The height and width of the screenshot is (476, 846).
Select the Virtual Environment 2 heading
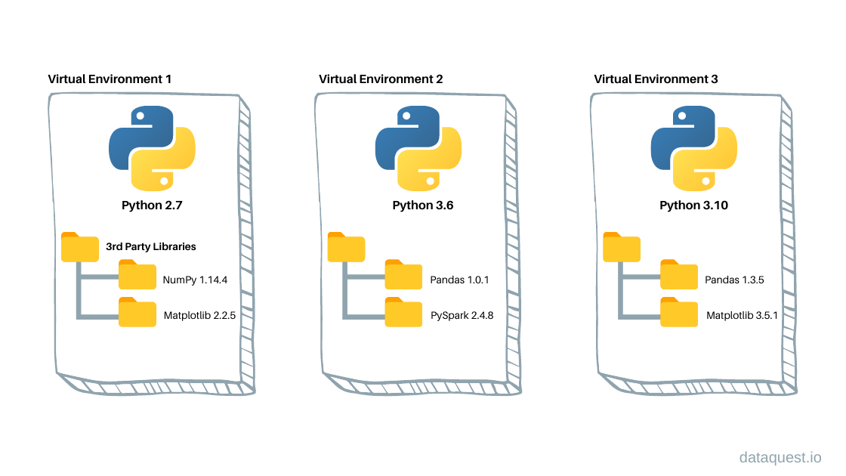pyautogui.click(x=381, y=79)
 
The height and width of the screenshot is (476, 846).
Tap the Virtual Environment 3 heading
pyautogui.click(x=656, y=79)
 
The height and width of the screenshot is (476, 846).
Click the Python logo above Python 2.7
pyautogui.click(x=153, y=147)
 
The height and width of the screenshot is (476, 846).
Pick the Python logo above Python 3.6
pyautogui.click(x=418, y=147)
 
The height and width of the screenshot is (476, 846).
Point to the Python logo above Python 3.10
pyautogui.click(x=693, y=147)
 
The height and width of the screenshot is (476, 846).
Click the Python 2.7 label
pyautogui.click(x=153, y=206)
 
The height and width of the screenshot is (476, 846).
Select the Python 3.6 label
pyautogui.click(x=418, y=206)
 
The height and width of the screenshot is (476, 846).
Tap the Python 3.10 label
pyautogui.click(x=693, y=206)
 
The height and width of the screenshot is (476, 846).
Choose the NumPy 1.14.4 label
pyautogui.click(x=196, y=280)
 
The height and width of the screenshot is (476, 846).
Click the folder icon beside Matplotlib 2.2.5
pyautogui.click(x=137, y=311)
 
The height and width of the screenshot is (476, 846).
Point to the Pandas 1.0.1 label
pyautogui.click(x=459, y=280)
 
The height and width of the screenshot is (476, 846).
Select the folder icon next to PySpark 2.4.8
pyautogui.click(x=403, y=311)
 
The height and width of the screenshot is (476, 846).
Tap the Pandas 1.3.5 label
pyautogui.click(x=734, y=280)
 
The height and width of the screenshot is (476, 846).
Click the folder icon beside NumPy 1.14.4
pyautogui.click(x=137, y=275)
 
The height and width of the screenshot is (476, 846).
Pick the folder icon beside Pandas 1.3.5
pyautogui.click(x=679, y=275)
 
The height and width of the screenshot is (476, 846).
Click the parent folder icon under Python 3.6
pyautogui.click(x=346, y=247)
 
